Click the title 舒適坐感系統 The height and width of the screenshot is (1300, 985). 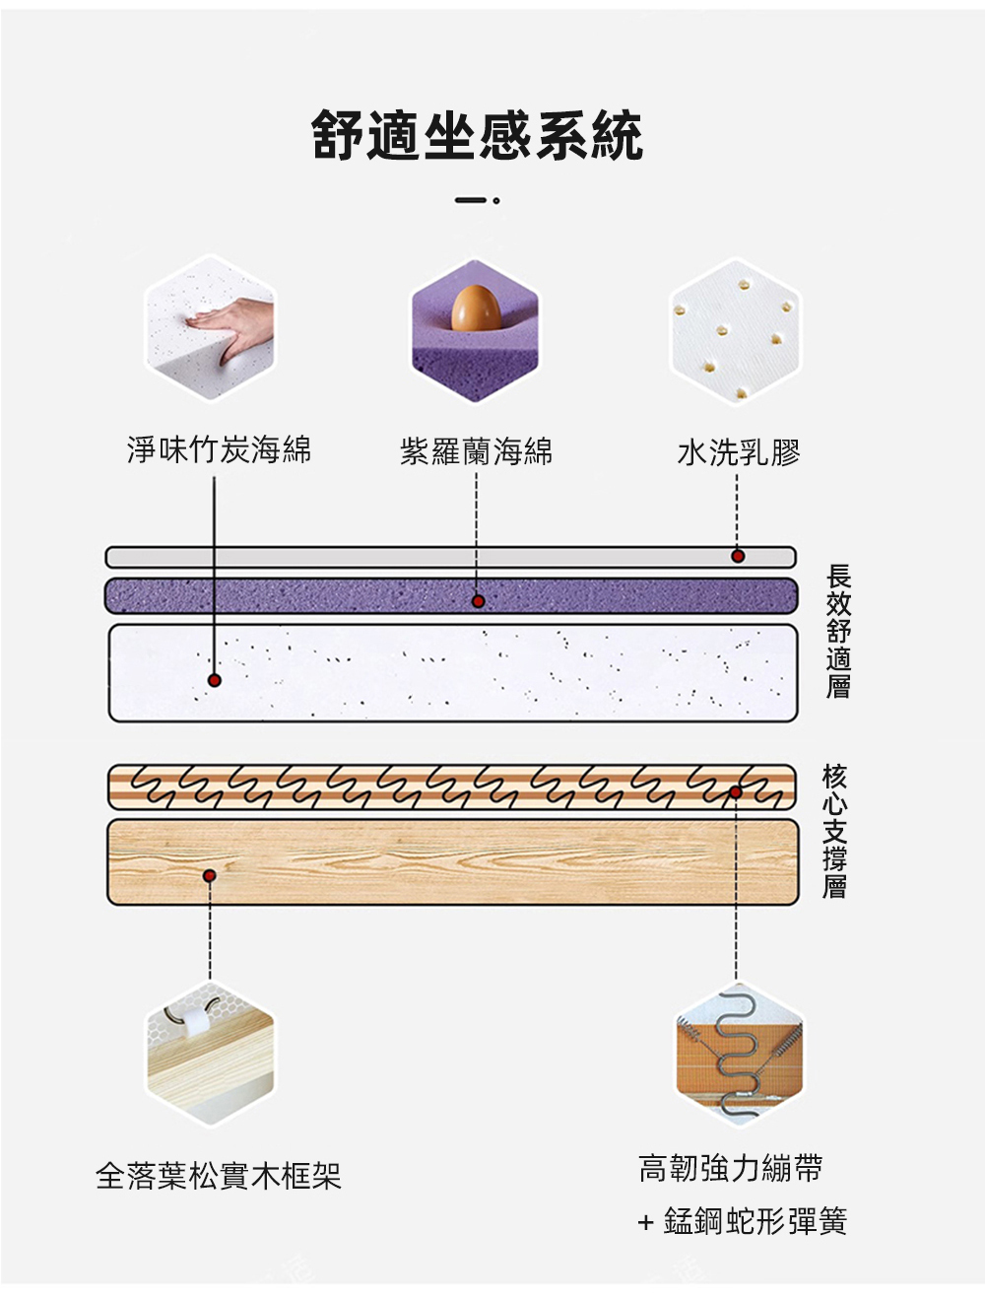click(x=478, y=136)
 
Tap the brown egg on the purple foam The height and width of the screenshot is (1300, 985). click(x=474, y=308)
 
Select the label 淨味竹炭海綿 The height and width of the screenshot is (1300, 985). click(x=219, y=449)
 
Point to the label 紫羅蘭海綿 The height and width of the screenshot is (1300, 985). click(x=476, y=451)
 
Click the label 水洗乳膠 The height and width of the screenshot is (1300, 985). click(x=739, y=452)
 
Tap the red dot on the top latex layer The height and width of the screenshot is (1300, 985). click(x=738, y=556)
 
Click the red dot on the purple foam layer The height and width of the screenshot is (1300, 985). click(x=478, y=600)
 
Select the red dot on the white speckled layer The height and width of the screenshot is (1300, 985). click(x=214, y=680)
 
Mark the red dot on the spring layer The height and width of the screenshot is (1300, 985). click(x=736, y=792)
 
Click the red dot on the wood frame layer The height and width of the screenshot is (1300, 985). click(x=209, y=875)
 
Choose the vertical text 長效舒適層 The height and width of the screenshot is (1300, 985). click(x=838, y=631)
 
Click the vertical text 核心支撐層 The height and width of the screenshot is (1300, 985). click(x=834, y=831)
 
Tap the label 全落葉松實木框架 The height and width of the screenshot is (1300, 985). click(x=219, y=1175)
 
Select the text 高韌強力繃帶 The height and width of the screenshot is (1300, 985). click(x=730, y=1169)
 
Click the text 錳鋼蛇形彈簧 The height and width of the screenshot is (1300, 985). click(x=755, y=1222)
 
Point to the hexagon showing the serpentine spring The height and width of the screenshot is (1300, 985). click(x=739, y=1056)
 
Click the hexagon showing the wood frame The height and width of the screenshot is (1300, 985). click(x=210, y=1056)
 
